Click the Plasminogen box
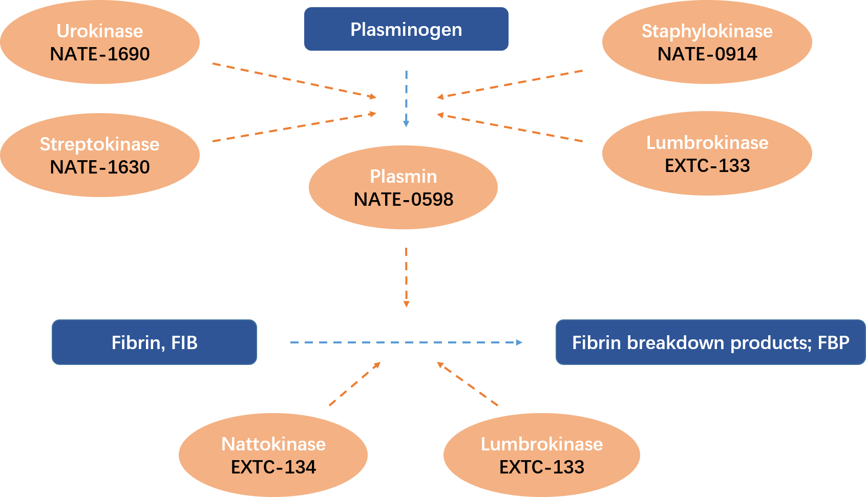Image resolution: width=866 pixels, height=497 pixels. tap(406, 29)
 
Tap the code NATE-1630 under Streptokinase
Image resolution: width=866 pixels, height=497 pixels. tap(100, 167)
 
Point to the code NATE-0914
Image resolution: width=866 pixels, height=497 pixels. tap(707, 54)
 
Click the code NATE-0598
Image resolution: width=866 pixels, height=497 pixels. tap(403, 200)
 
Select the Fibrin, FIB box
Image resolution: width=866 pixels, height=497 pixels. tap(154, 342)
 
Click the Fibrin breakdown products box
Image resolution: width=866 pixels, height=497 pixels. tap(710, 342)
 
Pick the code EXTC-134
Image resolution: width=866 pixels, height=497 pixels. tap(273, 467)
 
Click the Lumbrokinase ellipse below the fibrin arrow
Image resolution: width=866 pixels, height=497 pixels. tap(541, 455)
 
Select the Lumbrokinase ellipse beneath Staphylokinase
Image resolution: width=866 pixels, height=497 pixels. tap(707, 153)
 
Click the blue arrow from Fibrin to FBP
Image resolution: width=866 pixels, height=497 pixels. tap(406, 342)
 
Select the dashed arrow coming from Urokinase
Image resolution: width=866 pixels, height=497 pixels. tap(294, 80)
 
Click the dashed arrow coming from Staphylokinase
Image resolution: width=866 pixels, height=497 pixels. tap(510, 84)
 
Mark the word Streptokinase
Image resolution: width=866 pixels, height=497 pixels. tap(100, 144)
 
